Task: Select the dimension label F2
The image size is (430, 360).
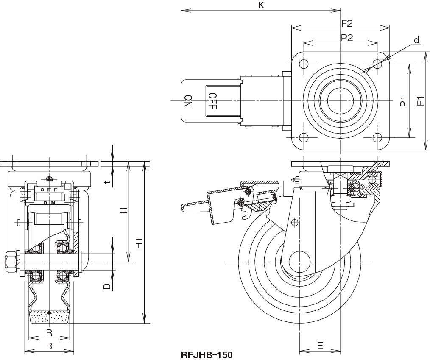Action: [x=347, y=23]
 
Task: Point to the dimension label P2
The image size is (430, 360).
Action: [x=347, y=38]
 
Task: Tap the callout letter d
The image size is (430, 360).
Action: [x=416, y=40]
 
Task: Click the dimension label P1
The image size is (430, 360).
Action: [x=404, y=101]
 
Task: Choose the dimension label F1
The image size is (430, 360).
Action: [x=420, y=101]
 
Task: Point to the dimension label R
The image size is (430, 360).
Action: [x=49, y=332]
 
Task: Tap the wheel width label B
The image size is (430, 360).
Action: [x=49, y=346]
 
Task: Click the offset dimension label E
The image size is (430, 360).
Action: [x=320, y=346]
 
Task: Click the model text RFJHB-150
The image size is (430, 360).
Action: [x=207, y=354]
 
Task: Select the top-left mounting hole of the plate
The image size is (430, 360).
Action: [x=303, y=64]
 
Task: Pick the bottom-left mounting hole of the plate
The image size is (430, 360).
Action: [x=303, y=137]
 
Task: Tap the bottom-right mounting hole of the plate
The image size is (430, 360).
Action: [x=377, y=137]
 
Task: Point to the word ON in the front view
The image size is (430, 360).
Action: [x=49, y=203]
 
